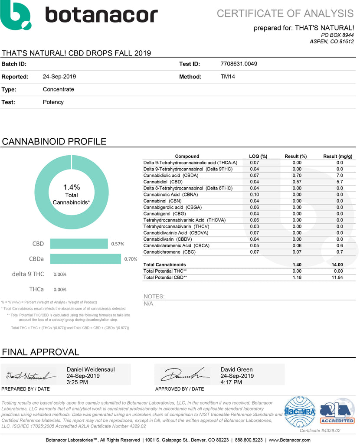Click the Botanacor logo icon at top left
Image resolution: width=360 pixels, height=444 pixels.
pyautogui.click(x=16, y=15)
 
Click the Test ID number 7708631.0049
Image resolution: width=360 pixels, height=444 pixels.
pyautogui.click(x=239, y=64)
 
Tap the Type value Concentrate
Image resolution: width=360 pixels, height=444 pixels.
pyautogui.click(x=58, y=89)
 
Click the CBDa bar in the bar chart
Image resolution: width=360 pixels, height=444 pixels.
pyautogui.click(x=85, y=259)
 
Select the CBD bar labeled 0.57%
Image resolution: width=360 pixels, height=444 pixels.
pyautogui.click(x=79, y=244)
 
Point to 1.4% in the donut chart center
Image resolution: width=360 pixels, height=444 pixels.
pyautogui.click(x=72, y=187)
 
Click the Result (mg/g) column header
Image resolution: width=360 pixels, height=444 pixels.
pyautogui.click(x=337, y=156)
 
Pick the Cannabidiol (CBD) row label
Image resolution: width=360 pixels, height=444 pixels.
pyautogui.click(x=163, y=182)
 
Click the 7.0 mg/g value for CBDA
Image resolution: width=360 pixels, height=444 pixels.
pyautogui.click(x=339, y=175)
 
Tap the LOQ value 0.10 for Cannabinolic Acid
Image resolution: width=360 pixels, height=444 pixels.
pyautogui.click(x=254, y=194)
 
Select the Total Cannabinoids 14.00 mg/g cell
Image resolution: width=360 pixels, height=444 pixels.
pyautogui.click(x=337, y=264)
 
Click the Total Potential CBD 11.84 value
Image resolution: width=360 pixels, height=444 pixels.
pyautogui.click(x=337, y=277)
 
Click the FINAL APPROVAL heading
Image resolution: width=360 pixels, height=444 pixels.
pyautogui.click(x=41, y=352)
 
